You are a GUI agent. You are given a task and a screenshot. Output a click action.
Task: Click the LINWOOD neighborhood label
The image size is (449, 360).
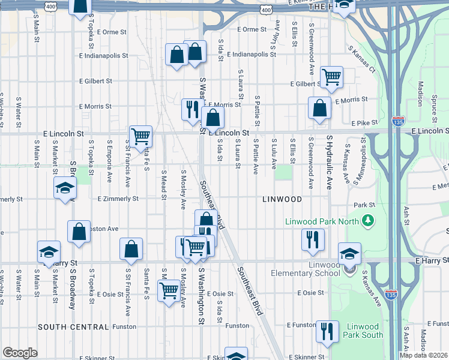click(280, 199)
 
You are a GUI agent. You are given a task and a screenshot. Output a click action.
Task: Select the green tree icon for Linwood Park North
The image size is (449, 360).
click(368, 221)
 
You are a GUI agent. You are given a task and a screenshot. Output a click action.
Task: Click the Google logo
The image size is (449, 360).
click(20, 353)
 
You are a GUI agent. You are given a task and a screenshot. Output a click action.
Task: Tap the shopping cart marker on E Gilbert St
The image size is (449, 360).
click(331, 77)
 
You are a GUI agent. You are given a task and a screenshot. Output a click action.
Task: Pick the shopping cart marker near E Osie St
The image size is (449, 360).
click(169, 290)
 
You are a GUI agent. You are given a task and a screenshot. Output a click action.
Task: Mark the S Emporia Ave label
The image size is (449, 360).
click(109, 162)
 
